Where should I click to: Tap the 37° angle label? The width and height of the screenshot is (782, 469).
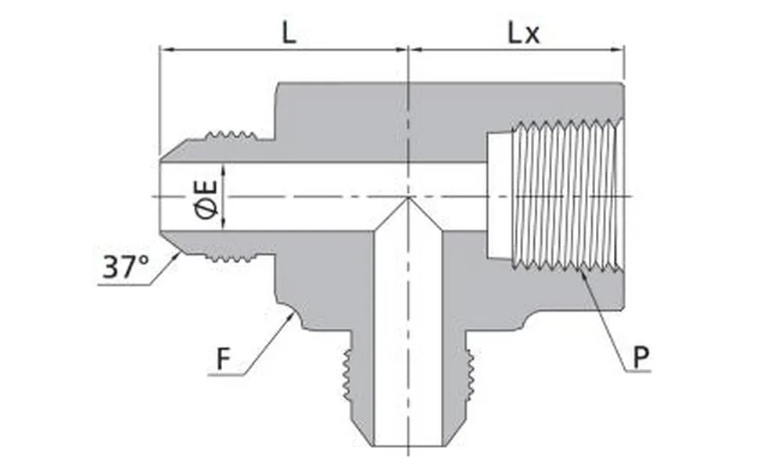125,268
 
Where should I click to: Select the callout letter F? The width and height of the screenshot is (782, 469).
224,360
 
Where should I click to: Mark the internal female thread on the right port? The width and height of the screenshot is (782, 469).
567,195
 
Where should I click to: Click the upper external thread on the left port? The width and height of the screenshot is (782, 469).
231,136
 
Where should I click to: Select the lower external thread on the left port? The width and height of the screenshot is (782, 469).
231,256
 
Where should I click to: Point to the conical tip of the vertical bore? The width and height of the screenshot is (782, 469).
408,201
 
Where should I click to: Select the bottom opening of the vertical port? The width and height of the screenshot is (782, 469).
408,445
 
